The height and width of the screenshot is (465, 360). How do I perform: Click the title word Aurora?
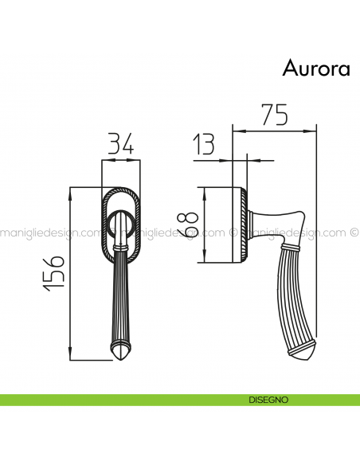click(x=315, y=69)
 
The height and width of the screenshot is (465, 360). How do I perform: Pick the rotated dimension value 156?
click(x=53, y=273)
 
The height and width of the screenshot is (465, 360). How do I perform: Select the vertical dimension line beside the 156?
click(x=72, y=273)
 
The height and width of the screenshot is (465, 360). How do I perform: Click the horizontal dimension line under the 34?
click(x=120, y=161)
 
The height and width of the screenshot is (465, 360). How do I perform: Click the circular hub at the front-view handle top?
click(x=120, y=226)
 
